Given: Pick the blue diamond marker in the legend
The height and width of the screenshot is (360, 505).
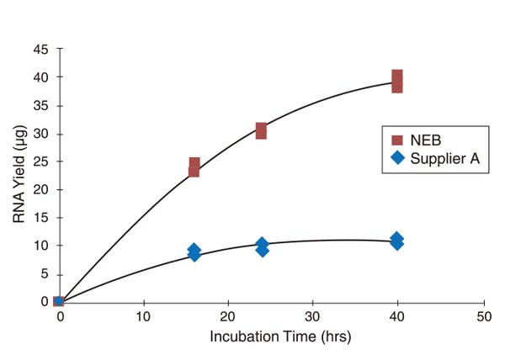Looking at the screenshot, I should click(397, 158).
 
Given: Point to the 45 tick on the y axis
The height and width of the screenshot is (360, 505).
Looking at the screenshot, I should click(40, 49).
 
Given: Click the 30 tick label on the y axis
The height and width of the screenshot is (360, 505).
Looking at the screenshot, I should click(40, 134).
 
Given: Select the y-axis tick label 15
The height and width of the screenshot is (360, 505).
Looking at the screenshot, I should click(40, 218).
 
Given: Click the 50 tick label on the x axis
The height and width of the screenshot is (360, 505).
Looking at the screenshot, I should click(482, 317).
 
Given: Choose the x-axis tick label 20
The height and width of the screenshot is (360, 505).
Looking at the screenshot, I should click(228, 317).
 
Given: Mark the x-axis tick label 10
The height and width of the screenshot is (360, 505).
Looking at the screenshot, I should click(144, 317).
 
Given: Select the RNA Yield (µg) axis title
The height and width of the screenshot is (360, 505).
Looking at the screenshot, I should click(19, 175).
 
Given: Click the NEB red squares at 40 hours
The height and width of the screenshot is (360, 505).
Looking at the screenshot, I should click(396, 81).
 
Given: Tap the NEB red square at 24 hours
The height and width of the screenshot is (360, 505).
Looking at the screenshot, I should click(262, 130).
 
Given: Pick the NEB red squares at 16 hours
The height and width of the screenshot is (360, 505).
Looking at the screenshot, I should click(194, 167).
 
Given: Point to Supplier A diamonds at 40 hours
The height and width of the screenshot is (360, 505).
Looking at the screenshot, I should click(396, 241).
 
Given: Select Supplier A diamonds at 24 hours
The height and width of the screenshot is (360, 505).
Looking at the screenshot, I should click(262, 246).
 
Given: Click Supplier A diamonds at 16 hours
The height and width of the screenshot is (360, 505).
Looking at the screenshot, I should click(194, 251).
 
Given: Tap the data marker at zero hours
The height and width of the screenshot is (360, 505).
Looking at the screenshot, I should click(59, 301).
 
